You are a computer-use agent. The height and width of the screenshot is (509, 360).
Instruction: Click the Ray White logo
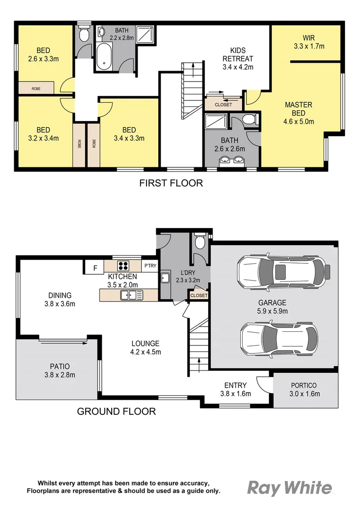(289, 488)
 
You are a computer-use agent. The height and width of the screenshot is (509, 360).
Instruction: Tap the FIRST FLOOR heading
(171, 183)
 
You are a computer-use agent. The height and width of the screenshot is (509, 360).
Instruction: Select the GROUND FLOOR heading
(116, 411)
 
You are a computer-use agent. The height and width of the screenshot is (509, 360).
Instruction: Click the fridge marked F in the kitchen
(95, 268)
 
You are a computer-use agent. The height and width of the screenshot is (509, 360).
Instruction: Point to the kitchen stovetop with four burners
(123, 265)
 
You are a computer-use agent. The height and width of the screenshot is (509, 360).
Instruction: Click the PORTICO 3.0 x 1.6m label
(304, 390)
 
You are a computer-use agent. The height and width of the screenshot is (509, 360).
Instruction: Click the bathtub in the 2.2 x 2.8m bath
(104, 56)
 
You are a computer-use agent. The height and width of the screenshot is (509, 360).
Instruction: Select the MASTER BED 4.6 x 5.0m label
(298, 113)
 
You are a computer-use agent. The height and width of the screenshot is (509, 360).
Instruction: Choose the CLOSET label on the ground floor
(199, 296)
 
